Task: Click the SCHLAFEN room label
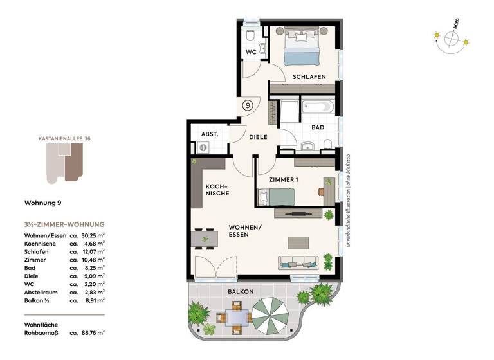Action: tap(309, 76)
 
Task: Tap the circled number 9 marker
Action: tap(247, 104)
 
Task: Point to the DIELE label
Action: tap(258, 137)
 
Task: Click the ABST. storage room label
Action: tap(210, 134)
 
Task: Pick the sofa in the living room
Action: tap(297, 262)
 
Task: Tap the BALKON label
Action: tap(240, 291)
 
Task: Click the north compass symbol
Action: tap(452, 40)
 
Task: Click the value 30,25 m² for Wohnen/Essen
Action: tap(92, 235)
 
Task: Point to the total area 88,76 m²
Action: tap(92, 332)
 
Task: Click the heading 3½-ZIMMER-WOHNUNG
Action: tap(64, 224)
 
